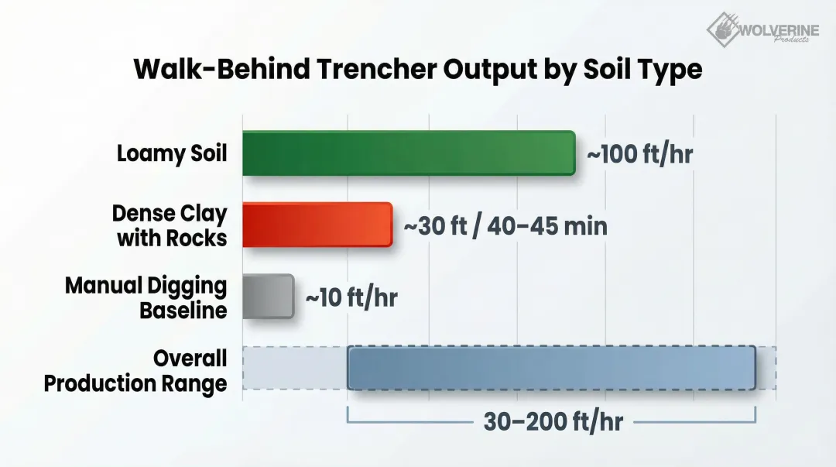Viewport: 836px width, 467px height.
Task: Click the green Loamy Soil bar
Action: [408, 153]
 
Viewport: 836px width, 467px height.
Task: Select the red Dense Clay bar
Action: [317, 225]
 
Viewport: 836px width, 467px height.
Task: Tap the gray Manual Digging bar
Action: [268, 296]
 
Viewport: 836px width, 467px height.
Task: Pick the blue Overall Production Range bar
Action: [551, 368]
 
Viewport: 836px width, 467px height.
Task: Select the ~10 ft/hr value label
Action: [351, 297]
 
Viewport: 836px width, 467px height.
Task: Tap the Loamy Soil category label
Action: [172, 153]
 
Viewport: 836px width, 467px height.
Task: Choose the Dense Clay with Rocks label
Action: [171, 225]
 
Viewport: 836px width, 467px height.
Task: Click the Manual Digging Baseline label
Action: [146, 297]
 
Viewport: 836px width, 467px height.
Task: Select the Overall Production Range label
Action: [136, 369]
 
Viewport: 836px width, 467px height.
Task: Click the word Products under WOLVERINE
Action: [790, 40]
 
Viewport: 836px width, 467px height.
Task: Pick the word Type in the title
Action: [669, 70]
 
